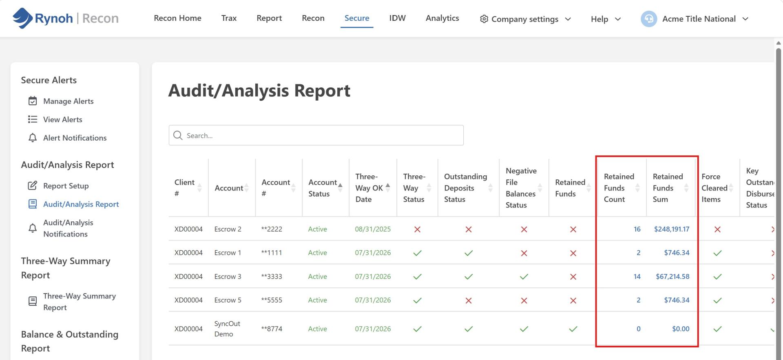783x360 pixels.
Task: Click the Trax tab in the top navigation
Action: pyautogui.click(x=229, y=18)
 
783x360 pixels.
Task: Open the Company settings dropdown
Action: pyautogui.click(x=525, y=19)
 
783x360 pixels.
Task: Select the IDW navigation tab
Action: pyautogui.click(x=397, y=18)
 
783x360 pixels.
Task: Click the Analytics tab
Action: pyautogui.click(x=442, y=18)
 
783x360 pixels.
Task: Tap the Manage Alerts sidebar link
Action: pyautogui.click(x=68, y=101)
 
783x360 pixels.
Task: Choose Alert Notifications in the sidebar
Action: pyautogui.click(x=75, y=138)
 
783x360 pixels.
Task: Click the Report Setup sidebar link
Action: pyautogui.click(x=66, y=186)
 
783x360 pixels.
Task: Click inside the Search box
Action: pyautogui.click(x=316, y=135)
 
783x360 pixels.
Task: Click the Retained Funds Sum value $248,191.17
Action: pyautogui.click(x=672, y=229)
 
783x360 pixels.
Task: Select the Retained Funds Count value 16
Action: pyautogui.click(x=637, y=229)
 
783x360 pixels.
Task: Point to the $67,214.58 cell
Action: pyautogui.click(x=672, y=276)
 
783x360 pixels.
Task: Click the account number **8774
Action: pyautogui.click(x=272, y=329)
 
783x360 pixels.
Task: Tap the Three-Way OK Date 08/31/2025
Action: pyautogui.click(x=373, y=229)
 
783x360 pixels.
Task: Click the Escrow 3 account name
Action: pyautogui.click(x=228, y=276)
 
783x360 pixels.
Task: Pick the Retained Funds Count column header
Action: pyautogui.click(x=619, y=188)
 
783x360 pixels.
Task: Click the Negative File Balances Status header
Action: pyautogui.click(x=521, y=188)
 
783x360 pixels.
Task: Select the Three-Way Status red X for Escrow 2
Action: pyautogui.click(x=417, y=229)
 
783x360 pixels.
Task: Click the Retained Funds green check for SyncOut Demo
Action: pyautogui.click(x=573, y=329)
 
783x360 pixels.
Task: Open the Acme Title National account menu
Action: pyautogui.click(x=695, y=19)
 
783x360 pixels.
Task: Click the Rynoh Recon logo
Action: pyautogui.click(x=65, y=18)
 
